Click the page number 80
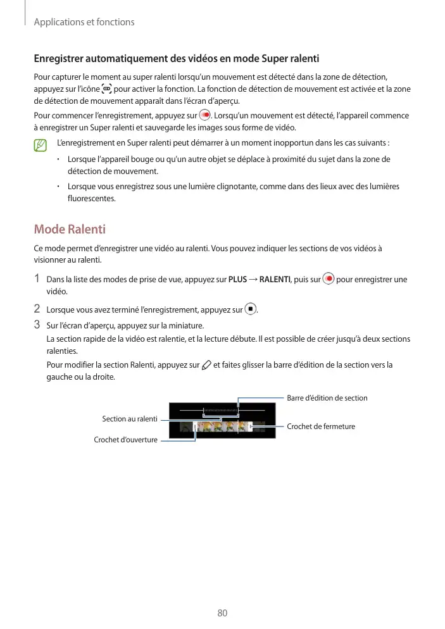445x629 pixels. click(x=222, y=613)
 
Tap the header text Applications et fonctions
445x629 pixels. click(x=84, y=22)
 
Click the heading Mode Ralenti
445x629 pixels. click(x=70, y=228)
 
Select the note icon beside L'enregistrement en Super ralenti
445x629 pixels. click(x=41, y=146)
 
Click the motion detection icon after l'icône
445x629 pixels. click(x=106, y=90)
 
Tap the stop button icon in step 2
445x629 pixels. click(x=251, y=309)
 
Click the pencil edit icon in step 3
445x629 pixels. click(x=206, y=365)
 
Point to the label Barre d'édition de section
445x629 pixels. click(x=327, y=398)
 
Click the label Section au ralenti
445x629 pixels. click(x=130, y=419)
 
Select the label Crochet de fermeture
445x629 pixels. click(x=321, y=427)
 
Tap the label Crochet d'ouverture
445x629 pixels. click(x=125, y=440)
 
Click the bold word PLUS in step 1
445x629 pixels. click(x=237, y=280)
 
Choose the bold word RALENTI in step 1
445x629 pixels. click(x=275, y=280)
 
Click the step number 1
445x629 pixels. click(x=37, y=279)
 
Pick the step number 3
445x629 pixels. click(x=37, y=326)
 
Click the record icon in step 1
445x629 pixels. click(x=328, y=279)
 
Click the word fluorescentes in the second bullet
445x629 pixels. click(x=91, y=198)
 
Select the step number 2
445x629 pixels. click(x=37, y=309)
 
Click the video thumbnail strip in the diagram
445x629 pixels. click(x=222, y=428)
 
